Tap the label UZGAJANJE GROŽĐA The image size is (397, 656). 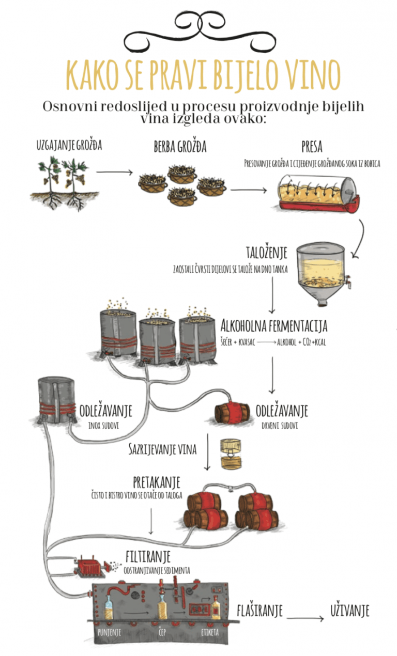(69, 145)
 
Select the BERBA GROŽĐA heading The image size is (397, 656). (180, 147)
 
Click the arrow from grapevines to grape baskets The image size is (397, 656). (114, 171)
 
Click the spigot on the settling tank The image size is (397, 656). (349, 281)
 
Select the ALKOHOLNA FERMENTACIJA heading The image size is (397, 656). (273, 326)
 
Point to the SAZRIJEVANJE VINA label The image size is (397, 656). (162, 449)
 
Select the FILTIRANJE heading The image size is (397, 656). (148, 557)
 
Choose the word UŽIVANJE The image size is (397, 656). (350, 612)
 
